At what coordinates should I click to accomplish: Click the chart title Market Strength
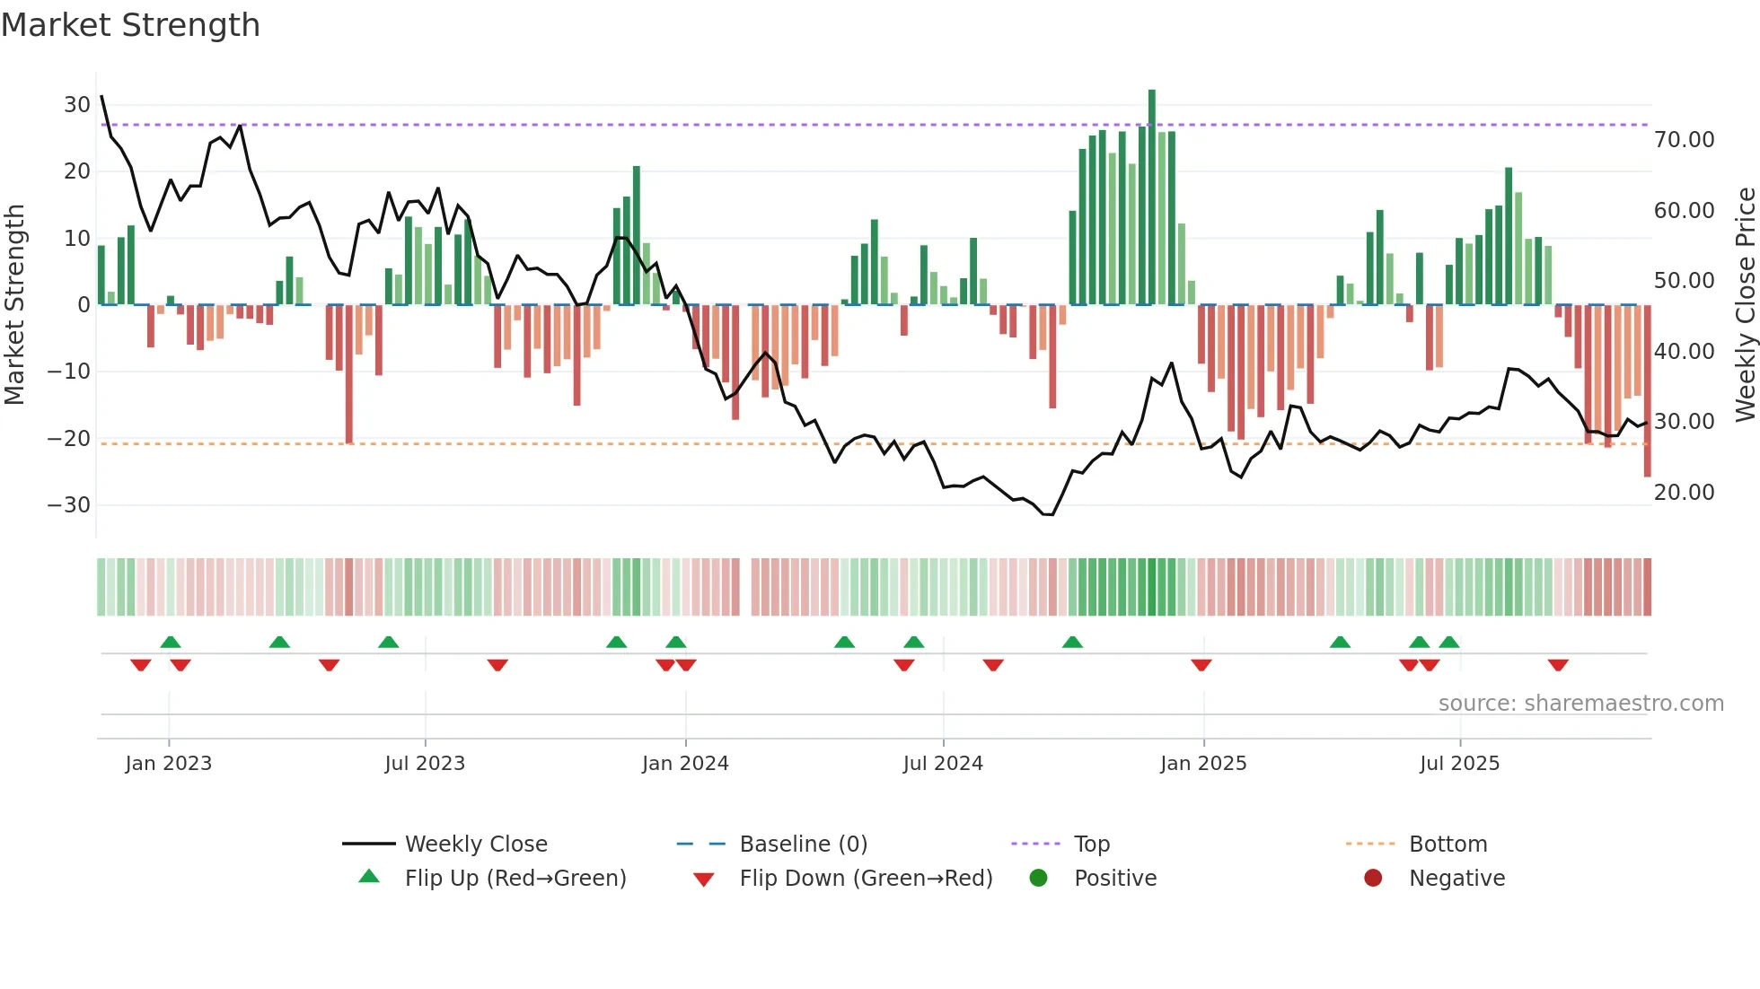[x=130, y=25]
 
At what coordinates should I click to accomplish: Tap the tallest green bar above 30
[x=1152, y=197]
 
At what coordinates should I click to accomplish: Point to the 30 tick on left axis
[x=77, y=105]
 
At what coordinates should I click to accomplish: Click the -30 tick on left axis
[x=70, y=505]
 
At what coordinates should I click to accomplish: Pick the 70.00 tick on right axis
[x=1684, y=140]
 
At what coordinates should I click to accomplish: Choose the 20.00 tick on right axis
[x=1684, y=493]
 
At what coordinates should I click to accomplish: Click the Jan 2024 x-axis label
[x=685, y=764]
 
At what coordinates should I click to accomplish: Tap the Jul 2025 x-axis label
[x=1459, y=764]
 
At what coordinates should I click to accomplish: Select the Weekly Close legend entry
[x=475, y=845]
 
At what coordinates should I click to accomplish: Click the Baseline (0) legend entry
[x=803, y=845]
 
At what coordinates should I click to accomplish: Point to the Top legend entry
[x=1092, y=845]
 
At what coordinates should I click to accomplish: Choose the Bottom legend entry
[x=1448, y=845]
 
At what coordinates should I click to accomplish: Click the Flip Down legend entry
[x=865, y=879]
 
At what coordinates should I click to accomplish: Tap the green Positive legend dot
[x=1039, y=879]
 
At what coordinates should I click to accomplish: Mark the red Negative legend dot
[x=1373, y=879]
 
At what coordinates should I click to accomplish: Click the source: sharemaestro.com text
[x=1580, y=704]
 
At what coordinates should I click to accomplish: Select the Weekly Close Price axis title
[x=1745, y=305]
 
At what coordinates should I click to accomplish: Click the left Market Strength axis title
[x=15, y=305]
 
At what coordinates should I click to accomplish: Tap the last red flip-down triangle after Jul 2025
[x=1558, y=665]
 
